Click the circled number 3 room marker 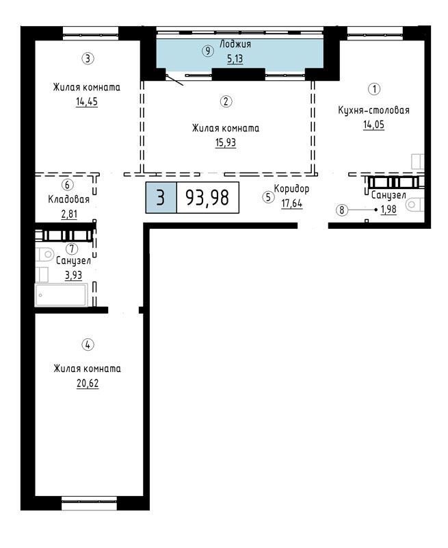[x=88, y=58]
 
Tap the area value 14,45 [x=87, y=101]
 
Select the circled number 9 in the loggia [x=208, y=51]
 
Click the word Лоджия [x=235, y=45]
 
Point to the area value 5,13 [x=235, y=59]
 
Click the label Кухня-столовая [x=373, y=110]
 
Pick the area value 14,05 [x=373, y=125]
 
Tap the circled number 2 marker [x=226, y=101]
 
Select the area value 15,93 [x=226, y=142]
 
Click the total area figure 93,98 [x=207, y=197]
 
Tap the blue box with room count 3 [x=161, y=197]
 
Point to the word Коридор [x=291, y=189]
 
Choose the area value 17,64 [x=291, y=203]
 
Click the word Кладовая [x=68, y=199]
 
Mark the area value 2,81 [x=69, y=214]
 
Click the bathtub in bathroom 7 [x=62, y=295]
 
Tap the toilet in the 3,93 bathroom [x=44, y=254]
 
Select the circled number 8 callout [x=342, y=210]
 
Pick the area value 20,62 [x=88, y=384]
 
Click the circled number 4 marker [x=88, y=345]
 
